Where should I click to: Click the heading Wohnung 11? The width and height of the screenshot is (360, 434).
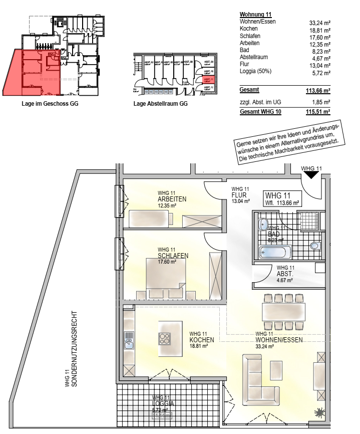click(256, 15)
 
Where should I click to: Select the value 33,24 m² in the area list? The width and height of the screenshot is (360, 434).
click(320, 23)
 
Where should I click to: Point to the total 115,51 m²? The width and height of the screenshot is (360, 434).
click(318, 112)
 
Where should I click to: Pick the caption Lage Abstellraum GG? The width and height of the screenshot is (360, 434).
click(161, 104)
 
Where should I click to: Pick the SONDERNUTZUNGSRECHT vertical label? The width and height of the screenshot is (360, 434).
click(74, 346)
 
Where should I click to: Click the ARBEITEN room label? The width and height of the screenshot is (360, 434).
click(172, 199)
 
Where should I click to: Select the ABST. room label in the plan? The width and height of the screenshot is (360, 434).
click(284, 275)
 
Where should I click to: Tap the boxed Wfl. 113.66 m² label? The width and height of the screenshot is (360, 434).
click(282, 199)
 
